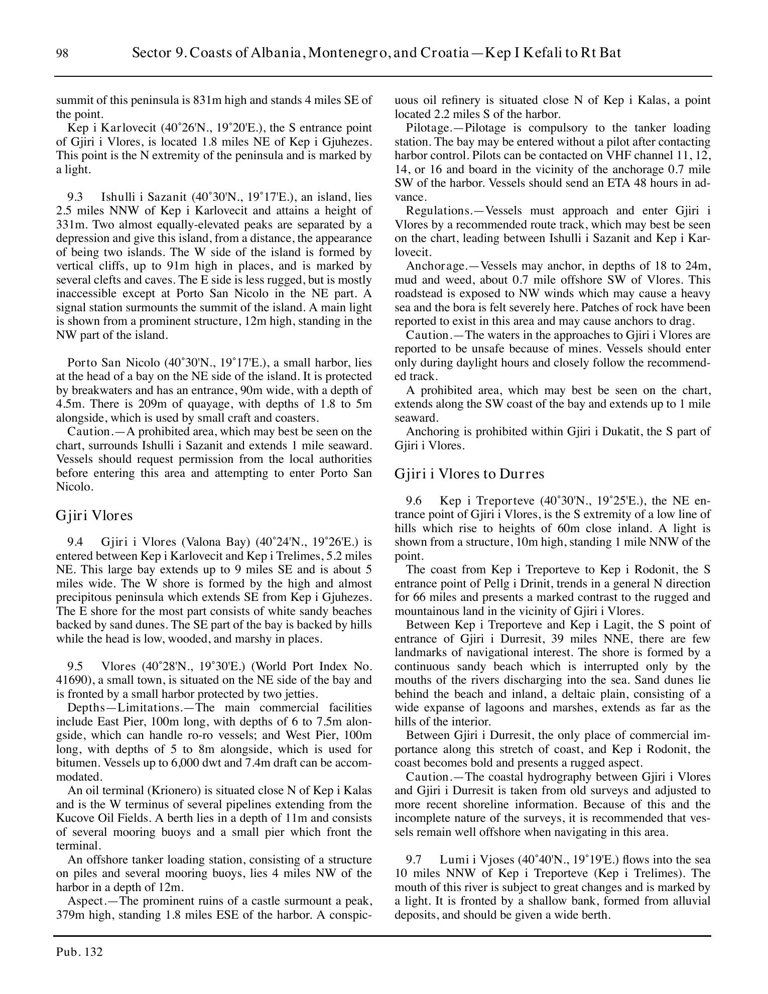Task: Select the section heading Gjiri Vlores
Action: tap(94, 516)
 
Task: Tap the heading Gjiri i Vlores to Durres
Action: tap(469, 474)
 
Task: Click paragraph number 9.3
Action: tap(75, 197)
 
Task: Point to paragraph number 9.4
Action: tap(75, 542)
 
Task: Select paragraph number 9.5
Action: tap(75, 666)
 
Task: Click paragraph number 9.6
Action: tap(414, 501)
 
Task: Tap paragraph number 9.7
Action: tap(414, 874)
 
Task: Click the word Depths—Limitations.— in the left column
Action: tap(128, 708)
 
